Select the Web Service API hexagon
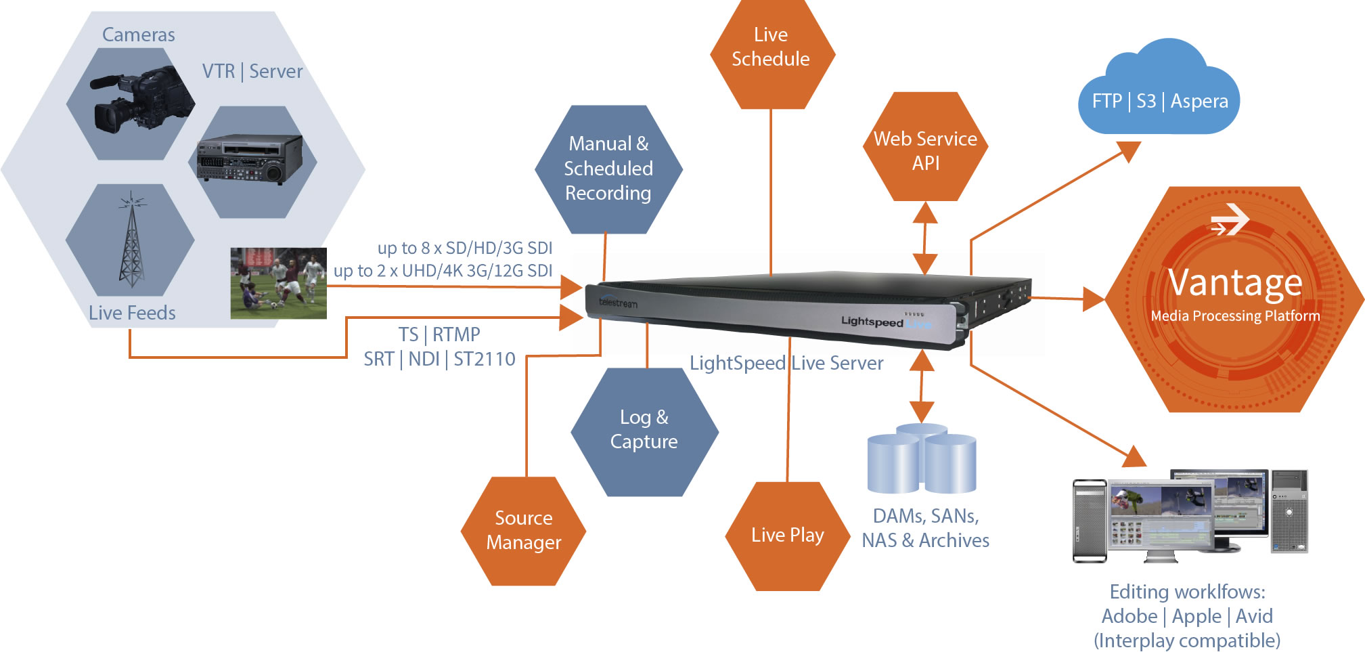point(925,150)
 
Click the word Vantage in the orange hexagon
point(1234,282)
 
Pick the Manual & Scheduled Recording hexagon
point(608,169)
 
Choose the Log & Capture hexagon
point(644,431)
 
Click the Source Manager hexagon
point(523,530)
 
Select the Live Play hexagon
point(787,535)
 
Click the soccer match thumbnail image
point(278,283)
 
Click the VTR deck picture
point(250,159)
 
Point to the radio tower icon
point(131,240)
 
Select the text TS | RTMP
point(439,334)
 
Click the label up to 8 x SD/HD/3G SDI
point(465,248)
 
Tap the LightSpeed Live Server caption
point(786,364)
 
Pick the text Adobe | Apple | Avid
point(1187,616)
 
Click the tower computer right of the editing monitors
point(1289,511)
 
